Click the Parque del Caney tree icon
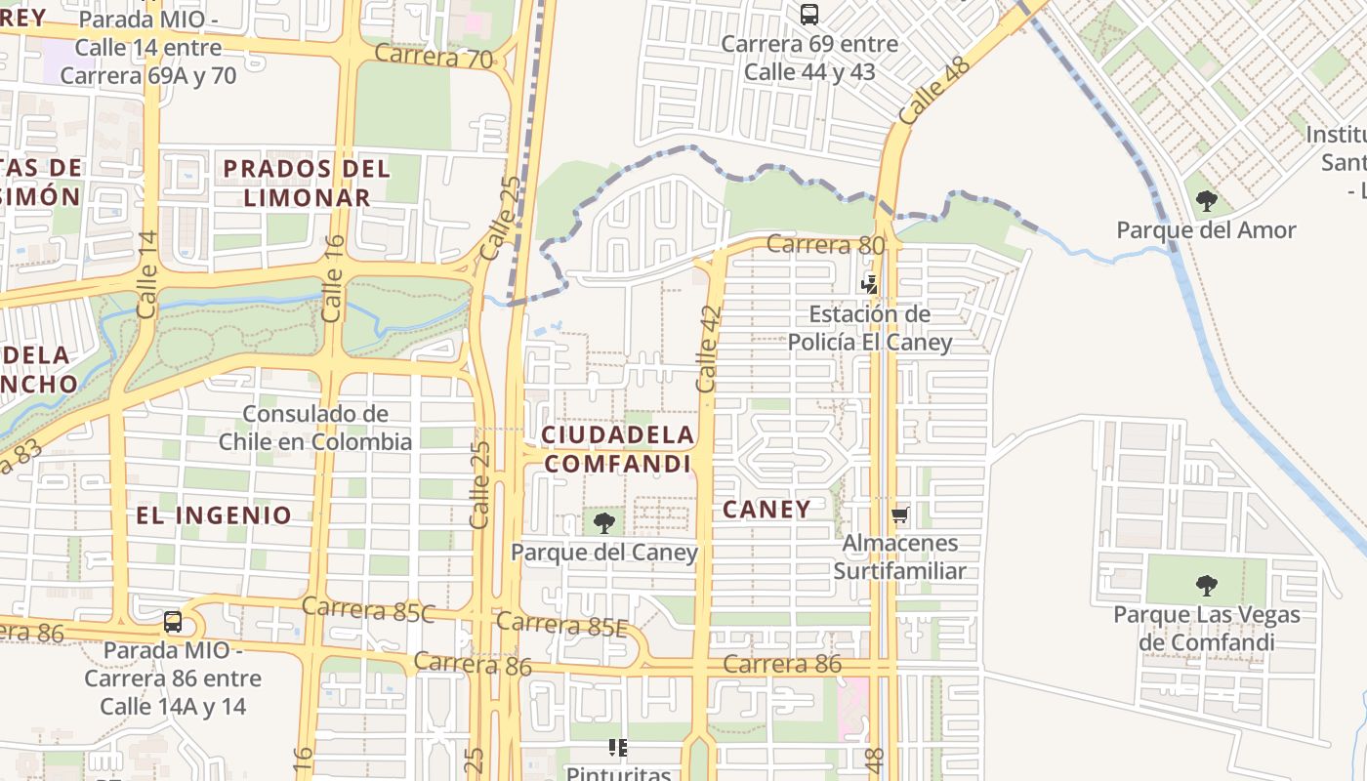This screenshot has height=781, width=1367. (x=604, y=522)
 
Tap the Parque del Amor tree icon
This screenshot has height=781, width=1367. (x=1207, y=201)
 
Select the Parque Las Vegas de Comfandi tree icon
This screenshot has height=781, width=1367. (x=1207, y=586)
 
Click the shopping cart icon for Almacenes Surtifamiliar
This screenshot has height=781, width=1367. (x=899, y=514)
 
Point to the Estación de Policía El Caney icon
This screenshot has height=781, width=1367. (x=869, y=285)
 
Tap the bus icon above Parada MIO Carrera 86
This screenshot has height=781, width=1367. (x=173, y=621)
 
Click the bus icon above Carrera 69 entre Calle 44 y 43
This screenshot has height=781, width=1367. (x=808, y=15)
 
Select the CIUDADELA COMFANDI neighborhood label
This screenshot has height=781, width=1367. (x=617, y=449)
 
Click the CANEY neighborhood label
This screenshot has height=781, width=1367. (x=766, y=509)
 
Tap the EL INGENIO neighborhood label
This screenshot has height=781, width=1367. (x=214, y=515)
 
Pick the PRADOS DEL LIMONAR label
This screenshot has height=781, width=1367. (x=307, y=183)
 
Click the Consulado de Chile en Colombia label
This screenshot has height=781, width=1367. (x=314, y=428)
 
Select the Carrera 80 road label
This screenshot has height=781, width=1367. (x=825, y=244)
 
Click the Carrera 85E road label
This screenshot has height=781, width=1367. (x=561, y=624)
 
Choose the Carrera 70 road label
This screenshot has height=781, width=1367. (x=434, y=56)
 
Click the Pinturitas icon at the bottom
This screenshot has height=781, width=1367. (x=617, y=748)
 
